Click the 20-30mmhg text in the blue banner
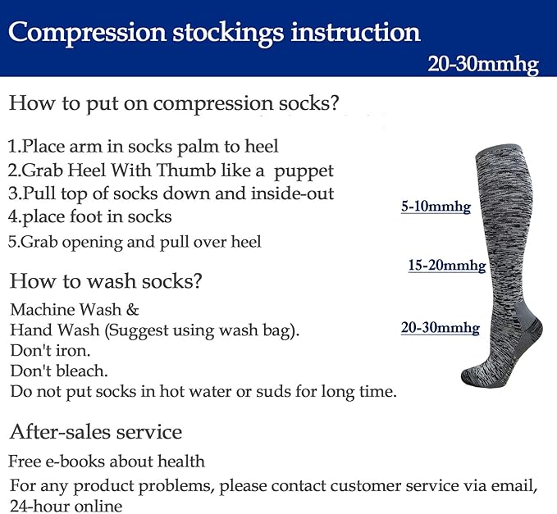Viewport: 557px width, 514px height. click(x=483, y=65)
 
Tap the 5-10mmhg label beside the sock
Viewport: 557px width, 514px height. click(x=436, y=208)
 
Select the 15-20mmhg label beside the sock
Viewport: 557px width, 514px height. click(x=447, y=266)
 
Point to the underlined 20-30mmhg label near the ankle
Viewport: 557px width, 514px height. click(x=440, y=328)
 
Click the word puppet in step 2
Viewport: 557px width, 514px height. click(x=304, y=171)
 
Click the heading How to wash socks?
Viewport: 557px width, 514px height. click(x=106, y=281)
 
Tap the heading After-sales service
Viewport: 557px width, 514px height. click(x=96, y=431)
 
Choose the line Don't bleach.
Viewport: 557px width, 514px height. click(x=59, y=371)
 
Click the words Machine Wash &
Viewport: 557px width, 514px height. click(x=75, y=310)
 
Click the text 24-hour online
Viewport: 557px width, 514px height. click(x=66, y=506)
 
